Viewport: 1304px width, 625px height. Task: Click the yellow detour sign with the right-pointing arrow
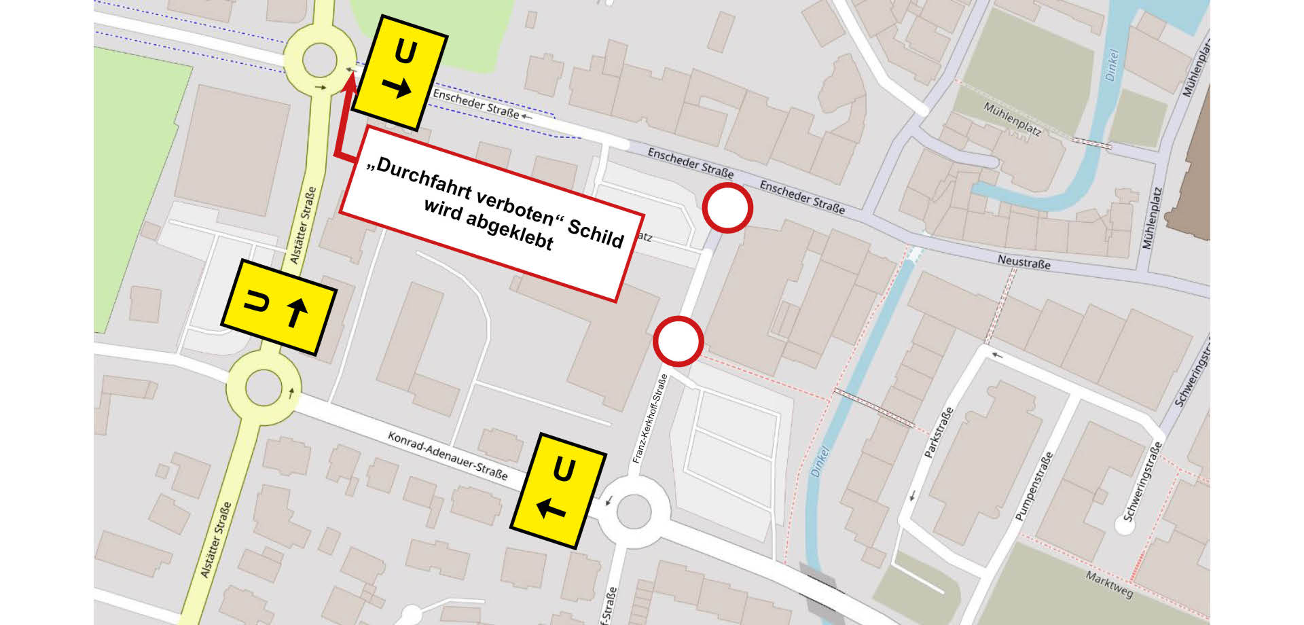click(x=401, y=72)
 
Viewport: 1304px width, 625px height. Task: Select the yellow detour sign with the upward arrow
click(x=278, y=306)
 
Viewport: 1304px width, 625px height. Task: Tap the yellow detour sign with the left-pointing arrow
click(x=558, y=490)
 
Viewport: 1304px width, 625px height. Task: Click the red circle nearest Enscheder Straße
click(x=727, y=208)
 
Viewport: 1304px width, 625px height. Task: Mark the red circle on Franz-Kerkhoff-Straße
click(x=678, y=341)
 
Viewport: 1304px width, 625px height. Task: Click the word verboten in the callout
click(x=515, y=203)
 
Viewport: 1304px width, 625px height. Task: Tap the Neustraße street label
click(x=1024, y=262)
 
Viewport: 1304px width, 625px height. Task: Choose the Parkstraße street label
click(x=939, y=431)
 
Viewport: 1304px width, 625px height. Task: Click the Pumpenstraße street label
click(x=1033, y=486)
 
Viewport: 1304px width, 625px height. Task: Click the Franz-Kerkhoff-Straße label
click(x=649, y=419)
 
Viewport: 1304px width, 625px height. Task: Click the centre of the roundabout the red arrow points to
click(x=319, y=60)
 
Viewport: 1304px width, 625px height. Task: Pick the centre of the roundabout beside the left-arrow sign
click(x=633, y=511)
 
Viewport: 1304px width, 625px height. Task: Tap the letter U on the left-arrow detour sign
click(x=564, y=469)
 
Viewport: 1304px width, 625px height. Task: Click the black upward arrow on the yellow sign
click(x=297, y=312)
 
